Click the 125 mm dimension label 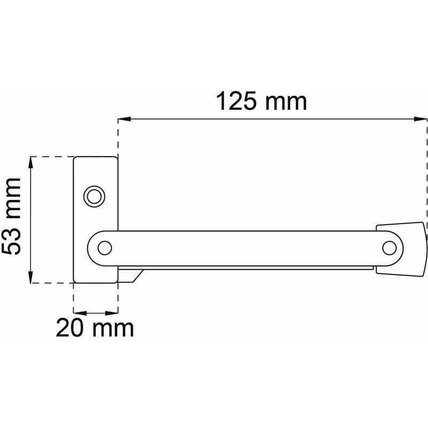pyautogui.click(x=261, y=101)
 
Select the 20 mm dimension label pyautogui.click(x=95, y=328)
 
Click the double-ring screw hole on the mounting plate pyautogui.click(x=94, y=196)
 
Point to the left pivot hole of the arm pyautogui.click(x=104, y=248)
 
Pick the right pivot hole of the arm pyautogui.click(x=389, y=248)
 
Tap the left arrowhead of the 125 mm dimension pyautogui.click(x=125, y=119)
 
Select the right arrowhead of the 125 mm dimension pyautogui.click(x=421, y=119)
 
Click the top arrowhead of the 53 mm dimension pyautogui.click(x=30, y=163)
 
